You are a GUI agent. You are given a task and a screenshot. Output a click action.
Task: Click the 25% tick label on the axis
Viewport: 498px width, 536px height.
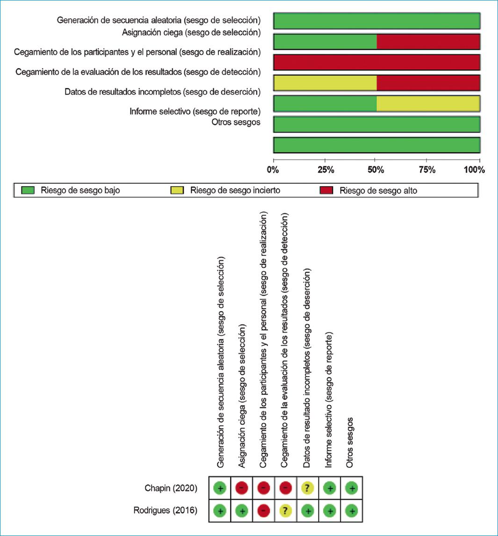(325, 170)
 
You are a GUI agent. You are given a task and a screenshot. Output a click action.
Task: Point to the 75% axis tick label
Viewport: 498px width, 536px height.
(427, 170)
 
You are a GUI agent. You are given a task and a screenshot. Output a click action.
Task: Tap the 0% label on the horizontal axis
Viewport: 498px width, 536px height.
(273, 170)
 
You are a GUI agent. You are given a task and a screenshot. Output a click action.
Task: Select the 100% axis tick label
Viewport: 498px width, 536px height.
(475, 170)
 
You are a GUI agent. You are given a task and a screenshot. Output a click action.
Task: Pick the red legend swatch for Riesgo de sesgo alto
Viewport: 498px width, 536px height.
(326, 190)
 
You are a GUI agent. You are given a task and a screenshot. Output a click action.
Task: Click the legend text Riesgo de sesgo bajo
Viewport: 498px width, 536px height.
(80, 190)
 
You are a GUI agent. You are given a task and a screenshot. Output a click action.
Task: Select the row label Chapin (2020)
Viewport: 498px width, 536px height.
(171, 488)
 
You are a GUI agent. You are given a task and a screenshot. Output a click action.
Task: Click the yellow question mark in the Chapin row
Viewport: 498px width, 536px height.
(308, 488)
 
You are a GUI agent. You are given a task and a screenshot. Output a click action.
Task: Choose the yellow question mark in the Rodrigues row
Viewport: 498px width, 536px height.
(286, 511)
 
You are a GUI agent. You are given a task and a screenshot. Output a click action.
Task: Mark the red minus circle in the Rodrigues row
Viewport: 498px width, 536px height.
(263, 511)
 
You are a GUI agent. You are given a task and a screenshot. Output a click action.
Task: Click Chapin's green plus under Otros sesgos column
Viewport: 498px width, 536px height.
(352, 488)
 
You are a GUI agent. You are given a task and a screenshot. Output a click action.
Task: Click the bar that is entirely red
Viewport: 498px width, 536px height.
(376, 62)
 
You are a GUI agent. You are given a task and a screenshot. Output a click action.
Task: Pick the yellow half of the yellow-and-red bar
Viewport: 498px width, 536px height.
(325, 83)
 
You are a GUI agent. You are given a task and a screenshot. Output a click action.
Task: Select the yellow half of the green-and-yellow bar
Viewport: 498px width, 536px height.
(428, 103)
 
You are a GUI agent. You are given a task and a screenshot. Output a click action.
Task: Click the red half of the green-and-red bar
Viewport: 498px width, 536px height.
(428, 42)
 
